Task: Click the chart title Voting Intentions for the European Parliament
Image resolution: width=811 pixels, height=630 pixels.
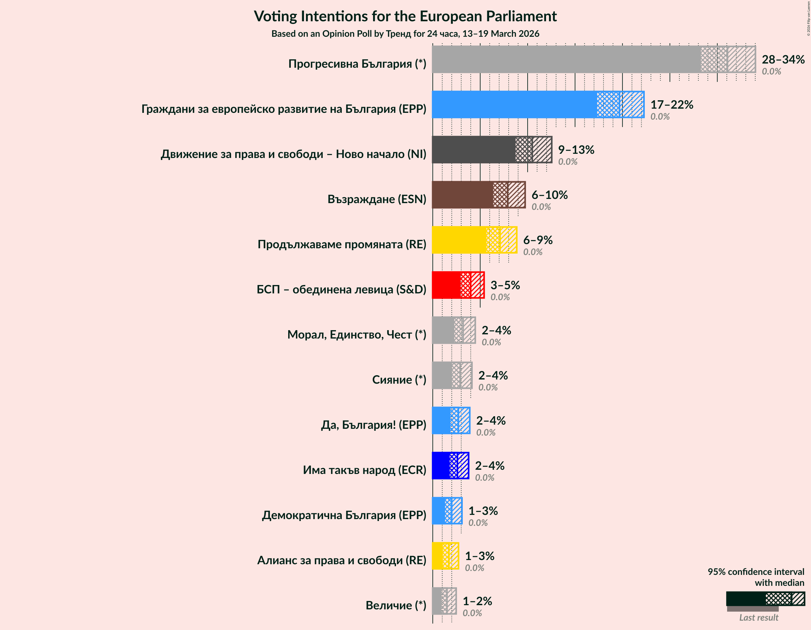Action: click(x=405, y=16)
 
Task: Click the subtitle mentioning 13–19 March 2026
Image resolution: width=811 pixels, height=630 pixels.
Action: click(x=405, y=34)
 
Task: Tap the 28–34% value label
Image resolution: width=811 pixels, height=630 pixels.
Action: click(x=783, y=59)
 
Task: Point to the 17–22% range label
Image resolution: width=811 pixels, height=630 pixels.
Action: click(x=671, y=105)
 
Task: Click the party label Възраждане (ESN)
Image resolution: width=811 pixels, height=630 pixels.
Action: click(x=377, y=199)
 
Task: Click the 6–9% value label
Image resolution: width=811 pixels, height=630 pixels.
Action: click(x=538, y=240)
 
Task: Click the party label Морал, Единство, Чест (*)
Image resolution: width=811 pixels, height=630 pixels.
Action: click(x=357, y=335)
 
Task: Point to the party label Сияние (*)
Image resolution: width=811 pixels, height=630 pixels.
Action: click(x=399, y=379)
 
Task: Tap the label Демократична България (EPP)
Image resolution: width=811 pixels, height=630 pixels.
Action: click(x=344, y=515)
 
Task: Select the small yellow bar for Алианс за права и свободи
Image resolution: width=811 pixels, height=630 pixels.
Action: click(x=437, y=556)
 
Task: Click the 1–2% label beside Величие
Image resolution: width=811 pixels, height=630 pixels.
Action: click(x=477, y=601)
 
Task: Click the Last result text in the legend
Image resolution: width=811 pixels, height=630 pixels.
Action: click(x=758, y=617)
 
